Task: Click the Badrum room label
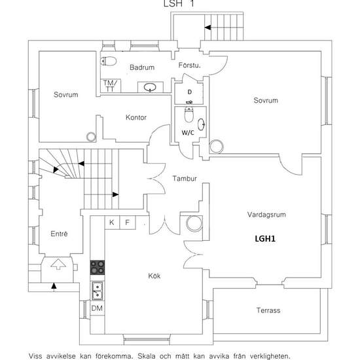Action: [x=142, y=67]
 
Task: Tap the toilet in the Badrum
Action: [x=109, y=61]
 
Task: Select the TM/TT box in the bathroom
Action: [x=111, y=86]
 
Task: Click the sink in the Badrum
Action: [x=150, y=87]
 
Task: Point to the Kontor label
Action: [x=136, y=118]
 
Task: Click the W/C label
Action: [x=188, y=132]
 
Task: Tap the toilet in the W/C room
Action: [x=189, y=114]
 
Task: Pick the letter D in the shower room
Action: [x=190, y=92]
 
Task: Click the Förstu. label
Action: [x=189, y=65]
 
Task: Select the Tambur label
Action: [x=185, y=179]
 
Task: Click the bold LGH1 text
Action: [x=265, y=238]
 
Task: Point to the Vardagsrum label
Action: [x=266, y=215]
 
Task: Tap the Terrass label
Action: [x=268, y=310]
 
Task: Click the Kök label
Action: [x=154, y=276]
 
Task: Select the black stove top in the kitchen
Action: [x=98, y=268]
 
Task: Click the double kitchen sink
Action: [x=97, y=291]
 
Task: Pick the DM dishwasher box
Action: [x=97, y=308]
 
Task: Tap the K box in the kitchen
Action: [x=112, y=223]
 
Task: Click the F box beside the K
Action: [x=128, y=223]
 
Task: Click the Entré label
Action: [x=59, y=234]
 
